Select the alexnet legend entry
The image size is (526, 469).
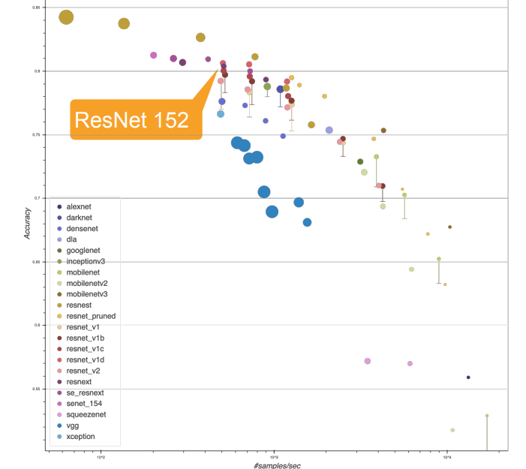(80, 206)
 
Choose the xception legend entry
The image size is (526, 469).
(80, 437)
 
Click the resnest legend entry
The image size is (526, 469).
(80, 305)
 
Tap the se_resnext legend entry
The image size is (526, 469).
(85, 392)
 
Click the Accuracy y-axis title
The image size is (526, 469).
(28, 223)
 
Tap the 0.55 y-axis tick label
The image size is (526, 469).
(36, 389)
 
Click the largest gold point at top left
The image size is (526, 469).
(66, 17)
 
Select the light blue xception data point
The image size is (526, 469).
(221, 114)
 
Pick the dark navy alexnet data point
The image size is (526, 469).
(468, 377)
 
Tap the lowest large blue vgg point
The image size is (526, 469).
(272, 212)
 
